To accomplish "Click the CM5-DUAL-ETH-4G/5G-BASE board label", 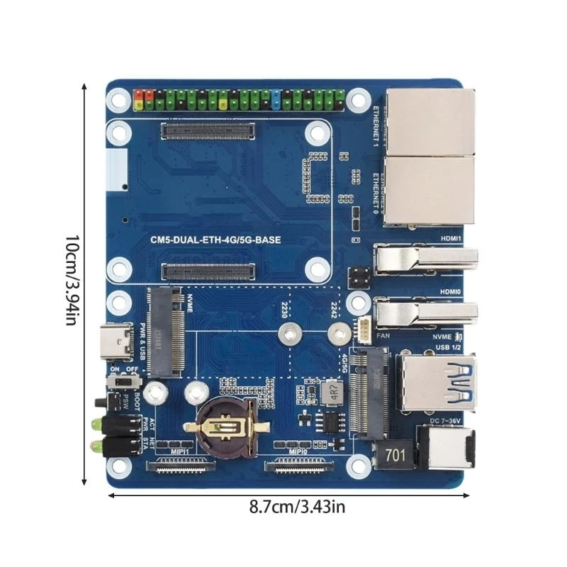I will [215, 240].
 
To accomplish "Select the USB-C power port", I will [120, 342].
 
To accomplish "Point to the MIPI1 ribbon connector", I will [178, 466].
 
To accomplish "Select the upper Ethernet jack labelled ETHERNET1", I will [430, 121].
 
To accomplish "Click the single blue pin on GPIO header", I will [274, 100].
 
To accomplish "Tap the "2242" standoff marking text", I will [334, 308].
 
